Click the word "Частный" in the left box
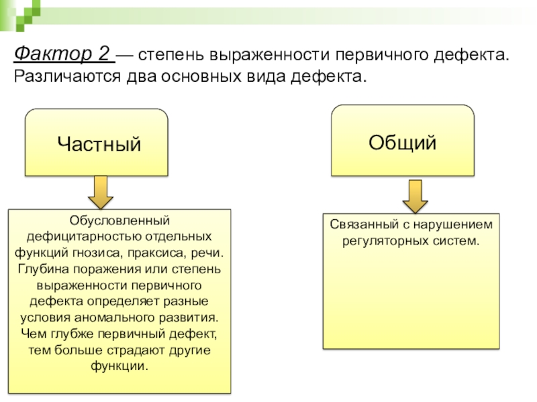coord(99,143)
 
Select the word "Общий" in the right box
coord(402,141)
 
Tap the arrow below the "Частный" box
coord(101,192)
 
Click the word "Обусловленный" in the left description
coord(119,221)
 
